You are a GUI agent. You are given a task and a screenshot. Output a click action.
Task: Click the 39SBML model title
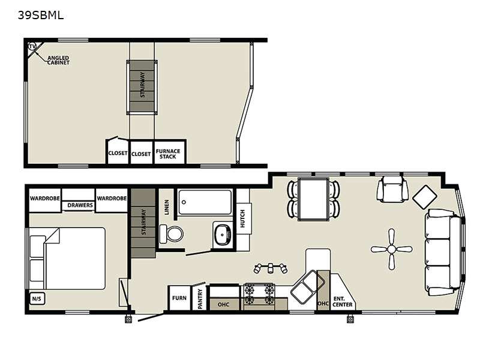coord(41,15)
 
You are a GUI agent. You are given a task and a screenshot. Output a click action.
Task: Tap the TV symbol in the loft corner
coord(32,47)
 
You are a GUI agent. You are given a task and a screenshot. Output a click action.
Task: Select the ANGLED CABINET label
coord(58,60)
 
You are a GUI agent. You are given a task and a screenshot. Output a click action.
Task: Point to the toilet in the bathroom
coord(172,234)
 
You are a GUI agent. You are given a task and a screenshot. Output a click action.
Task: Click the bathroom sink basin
coord(223,235)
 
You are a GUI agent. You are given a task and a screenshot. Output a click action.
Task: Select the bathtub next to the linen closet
coord(205,202)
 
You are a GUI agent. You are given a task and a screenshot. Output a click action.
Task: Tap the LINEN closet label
coord(167,207)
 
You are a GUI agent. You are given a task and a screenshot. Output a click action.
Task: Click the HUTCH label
coord(242,218)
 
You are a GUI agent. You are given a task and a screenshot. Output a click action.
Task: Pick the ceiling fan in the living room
coord(392,249)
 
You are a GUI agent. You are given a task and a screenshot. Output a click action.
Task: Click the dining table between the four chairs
coord(313,199)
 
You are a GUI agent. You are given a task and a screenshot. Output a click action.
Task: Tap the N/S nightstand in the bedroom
coord(37,298)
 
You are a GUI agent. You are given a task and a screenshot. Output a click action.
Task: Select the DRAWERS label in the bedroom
coord(80,205)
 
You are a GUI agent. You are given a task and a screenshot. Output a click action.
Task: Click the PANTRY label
coord(200,299)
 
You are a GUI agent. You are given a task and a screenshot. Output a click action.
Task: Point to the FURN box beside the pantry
coord(179,298)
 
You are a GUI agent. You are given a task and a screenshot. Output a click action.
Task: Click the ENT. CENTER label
coord(342,302)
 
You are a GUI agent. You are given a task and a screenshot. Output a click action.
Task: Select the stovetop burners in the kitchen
coord(259,294)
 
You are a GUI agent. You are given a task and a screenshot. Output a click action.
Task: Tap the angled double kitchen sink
coord(307,287)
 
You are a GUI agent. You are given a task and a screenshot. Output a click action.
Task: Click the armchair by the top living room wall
coord(393,189)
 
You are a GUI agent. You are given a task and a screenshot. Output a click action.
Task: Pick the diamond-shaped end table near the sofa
coord(425,197)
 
